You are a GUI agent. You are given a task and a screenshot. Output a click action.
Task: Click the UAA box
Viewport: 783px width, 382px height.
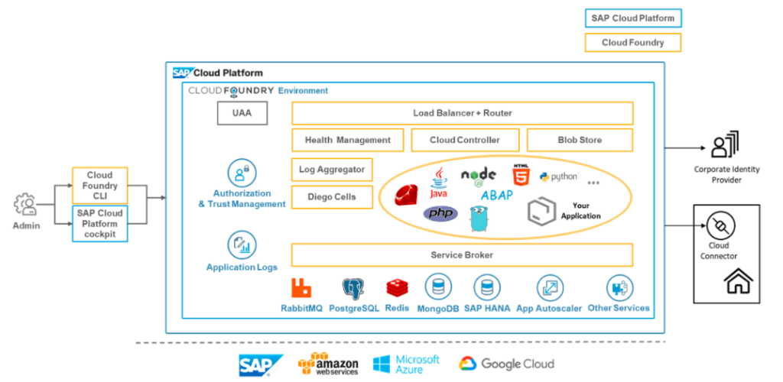click(242, 115)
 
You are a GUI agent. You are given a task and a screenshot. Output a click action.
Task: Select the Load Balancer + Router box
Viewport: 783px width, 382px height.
click(462, 113)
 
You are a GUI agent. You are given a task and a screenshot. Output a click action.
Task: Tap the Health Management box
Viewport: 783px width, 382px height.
click(347, 140)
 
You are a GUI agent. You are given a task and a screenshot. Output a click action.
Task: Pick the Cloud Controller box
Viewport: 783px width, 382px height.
click(465, 140)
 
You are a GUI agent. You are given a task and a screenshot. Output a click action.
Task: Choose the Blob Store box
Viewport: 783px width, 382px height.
click(580, 140)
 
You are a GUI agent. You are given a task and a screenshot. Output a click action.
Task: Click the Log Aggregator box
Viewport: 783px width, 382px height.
click(332, 170)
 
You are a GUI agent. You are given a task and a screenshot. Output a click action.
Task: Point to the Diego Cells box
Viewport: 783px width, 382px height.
click(332, 197)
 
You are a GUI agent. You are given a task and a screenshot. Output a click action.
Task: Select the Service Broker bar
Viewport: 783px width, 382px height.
click(462, 255)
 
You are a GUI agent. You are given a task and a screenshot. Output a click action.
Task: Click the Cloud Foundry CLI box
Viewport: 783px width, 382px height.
click(100, 186)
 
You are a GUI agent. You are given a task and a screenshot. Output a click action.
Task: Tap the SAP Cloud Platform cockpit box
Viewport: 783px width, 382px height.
click(100, 224)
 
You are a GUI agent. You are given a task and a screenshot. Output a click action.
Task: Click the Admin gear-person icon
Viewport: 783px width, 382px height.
click(25, 205)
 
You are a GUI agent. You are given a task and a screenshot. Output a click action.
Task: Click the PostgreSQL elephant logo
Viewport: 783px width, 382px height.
click(353, 288)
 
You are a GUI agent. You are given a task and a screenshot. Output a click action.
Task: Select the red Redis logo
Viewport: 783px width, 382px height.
click(397, 288)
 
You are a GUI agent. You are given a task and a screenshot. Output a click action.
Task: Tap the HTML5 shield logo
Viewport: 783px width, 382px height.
click(521, 177)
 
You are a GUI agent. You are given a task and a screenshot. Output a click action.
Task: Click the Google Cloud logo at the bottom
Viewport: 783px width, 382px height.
click(506, 364)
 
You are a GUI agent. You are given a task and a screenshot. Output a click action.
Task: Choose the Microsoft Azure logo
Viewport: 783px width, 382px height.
click(407, 364)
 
